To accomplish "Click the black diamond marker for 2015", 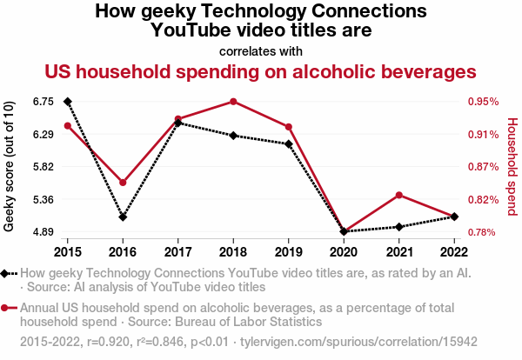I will (x=67, y=102).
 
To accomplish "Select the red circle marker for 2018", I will (x=233, y=102).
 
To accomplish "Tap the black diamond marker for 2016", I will (x=123, y=217).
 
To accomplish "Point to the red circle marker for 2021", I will (x=398, y=195).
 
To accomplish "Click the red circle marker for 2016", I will (x=123, y=183).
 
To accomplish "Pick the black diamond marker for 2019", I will (x=288, y=144).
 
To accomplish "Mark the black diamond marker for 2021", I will (x=398, y=227).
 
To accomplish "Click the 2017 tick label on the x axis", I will (x=177, y=252).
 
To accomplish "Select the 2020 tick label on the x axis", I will (x=344, y=252).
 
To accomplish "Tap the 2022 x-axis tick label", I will (x=454, y=252).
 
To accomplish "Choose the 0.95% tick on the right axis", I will (x=483, y=102).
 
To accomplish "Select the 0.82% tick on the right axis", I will (x=483, y=200).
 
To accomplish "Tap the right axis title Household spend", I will (x=512, y=166).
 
